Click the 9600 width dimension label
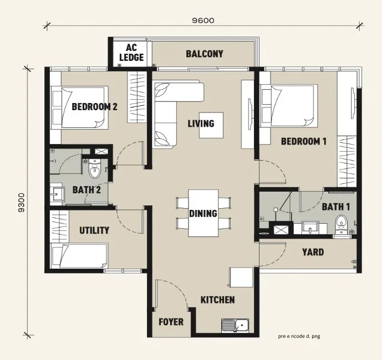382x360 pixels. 203,20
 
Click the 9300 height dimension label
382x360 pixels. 22,203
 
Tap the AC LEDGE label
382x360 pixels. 131,53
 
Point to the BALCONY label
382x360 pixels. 205,54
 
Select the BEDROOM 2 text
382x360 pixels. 94,106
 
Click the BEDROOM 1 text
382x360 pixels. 304,141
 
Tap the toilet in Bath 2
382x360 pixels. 94,168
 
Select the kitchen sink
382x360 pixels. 235,326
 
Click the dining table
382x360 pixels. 203,213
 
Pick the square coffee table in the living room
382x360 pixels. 211,125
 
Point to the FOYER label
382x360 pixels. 171,322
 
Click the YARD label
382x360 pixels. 313,252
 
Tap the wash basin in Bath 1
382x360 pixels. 310,228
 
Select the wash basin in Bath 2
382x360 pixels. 57,194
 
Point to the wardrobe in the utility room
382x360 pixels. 60,227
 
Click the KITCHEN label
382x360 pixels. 217,300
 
